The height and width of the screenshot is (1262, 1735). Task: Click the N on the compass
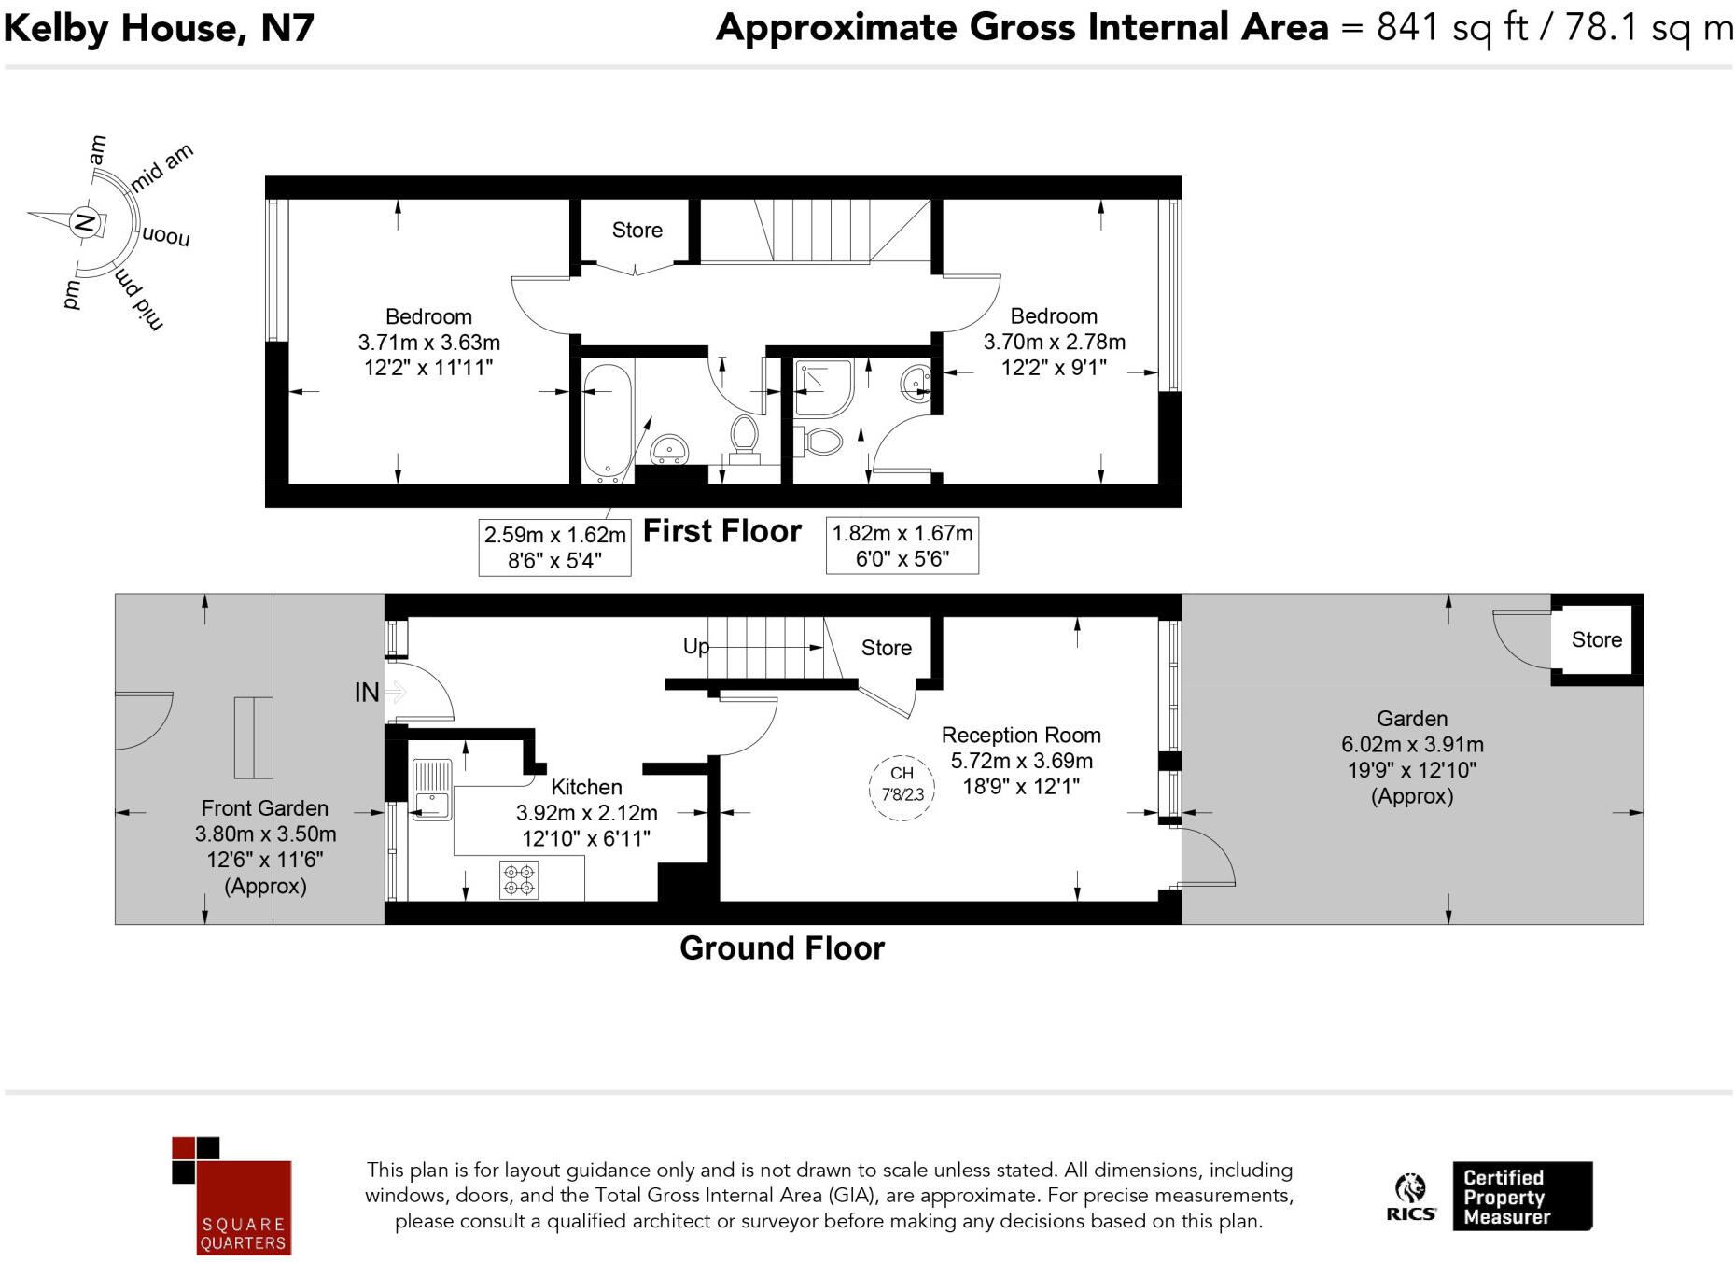tap(84, 223)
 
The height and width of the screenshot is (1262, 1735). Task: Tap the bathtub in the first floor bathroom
tap(607, 422)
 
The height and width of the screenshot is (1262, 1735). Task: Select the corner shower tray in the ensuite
tap(822, 387)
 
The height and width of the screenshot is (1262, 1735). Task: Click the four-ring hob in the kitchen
tap(519, 879)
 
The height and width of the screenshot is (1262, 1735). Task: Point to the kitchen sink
tap(431, 790)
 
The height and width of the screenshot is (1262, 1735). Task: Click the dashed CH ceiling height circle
tap(902, 787)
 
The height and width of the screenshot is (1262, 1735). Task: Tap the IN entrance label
tap(367, 693)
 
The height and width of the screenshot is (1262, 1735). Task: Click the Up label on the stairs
tap(695, 646)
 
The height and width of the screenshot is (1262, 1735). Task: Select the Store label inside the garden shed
tap(1596, 639)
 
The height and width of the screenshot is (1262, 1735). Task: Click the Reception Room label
tap(1021, 736)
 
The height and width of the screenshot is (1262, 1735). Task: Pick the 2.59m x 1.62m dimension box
tap(554, 547)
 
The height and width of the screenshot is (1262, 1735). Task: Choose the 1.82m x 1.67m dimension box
tap(902, 545)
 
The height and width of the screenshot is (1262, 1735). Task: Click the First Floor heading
tap(721, 531)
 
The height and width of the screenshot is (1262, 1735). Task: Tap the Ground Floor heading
tap(781, 948)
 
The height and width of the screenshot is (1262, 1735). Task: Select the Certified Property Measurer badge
tap(1521, 1196)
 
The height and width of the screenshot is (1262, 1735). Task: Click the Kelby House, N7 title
tap(159, 28)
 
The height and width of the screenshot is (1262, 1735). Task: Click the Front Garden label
tap(265, 808)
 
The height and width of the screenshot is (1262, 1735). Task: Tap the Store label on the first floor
tap(637, 230)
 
